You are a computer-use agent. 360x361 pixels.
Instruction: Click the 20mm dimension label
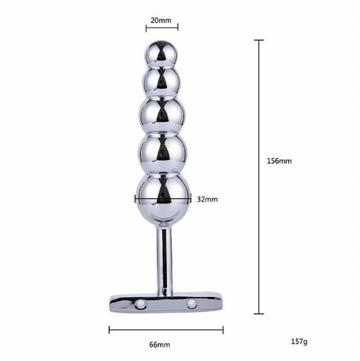161,20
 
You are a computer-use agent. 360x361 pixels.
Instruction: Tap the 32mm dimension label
207,199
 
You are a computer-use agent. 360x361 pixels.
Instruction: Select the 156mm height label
279,161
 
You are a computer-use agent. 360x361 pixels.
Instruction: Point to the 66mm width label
160,345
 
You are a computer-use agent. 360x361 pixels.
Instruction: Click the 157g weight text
299,341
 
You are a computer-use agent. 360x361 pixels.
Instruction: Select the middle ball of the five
162,114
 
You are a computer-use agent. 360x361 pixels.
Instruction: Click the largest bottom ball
163,198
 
